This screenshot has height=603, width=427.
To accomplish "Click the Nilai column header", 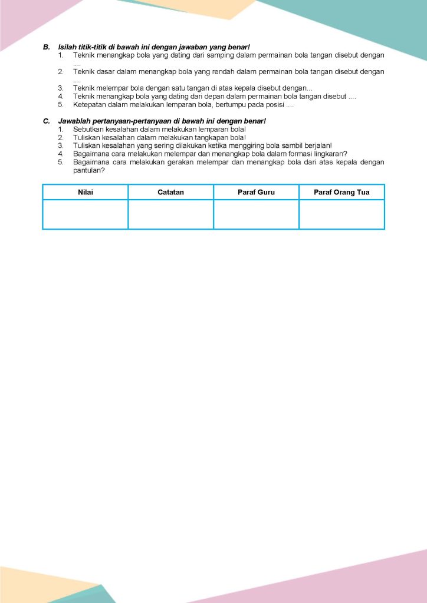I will coord(86,192).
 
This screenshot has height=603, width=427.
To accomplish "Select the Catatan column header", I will coord(171,192).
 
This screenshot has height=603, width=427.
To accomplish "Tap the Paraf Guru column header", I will coord(256,192).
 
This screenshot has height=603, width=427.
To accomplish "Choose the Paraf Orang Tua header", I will coord(341,192).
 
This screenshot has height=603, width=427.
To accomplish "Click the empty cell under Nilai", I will coord(86,214).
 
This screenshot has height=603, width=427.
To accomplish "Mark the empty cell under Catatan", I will coord(171,214).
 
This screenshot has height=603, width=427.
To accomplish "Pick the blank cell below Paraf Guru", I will coord(256,214).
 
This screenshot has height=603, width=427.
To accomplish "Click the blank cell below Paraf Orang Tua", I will coord(341,214).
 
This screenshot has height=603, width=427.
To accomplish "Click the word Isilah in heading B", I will coord(67,47).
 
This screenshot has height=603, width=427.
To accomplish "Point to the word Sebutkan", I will coord(88,129).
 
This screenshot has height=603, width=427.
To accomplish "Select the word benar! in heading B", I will coord(239,47).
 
